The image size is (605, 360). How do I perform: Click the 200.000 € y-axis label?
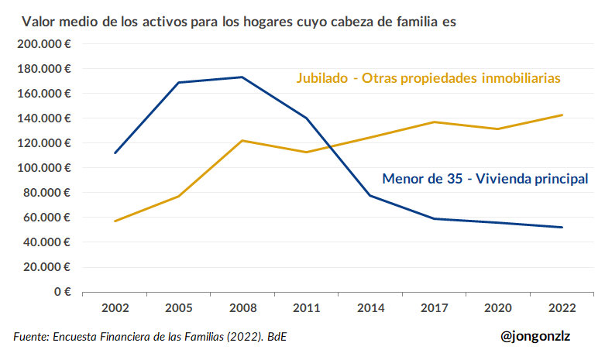[x=44, y=44]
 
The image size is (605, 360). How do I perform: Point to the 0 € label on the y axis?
[x=63, y=291]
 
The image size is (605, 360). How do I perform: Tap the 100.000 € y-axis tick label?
[x=44, y=168]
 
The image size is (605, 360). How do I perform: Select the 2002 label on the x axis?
[x=115, y=308]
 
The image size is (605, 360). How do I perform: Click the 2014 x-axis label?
[x=370, y=308]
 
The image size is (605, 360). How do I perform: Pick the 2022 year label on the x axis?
[x=562, y=308]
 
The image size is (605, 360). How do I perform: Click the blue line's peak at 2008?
[x=242, y=77]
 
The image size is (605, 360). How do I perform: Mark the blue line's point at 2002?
[x=115, y=153]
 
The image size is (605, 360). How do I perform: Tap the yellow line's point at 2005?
[x=179, y=196]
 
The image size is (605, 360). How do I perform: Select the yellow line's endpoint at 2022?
[x=562, y=115]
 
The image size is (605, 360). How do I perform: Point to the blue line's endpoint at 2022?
[x=562, y=227]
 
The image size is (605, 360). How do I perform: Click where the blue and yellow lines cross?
[x=330, y=146]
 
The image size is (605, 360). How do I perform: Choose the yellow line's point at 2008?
[x=242, y=141]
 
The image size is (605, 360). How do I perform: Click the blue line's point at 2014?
[x=370, y=195]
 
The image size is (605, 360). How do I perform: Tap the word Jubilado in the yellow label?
[x=322, y=78]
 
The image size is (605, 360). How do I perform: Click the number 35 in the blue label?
[x=455, y=179]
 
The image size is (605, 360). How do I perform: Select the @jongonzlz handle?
[x=535, y=336]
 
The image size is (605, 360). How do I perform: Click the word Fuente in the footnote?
[x=31, y=337]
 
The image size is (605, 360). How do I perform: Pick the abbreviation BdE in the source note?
[x=277, y=337]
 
